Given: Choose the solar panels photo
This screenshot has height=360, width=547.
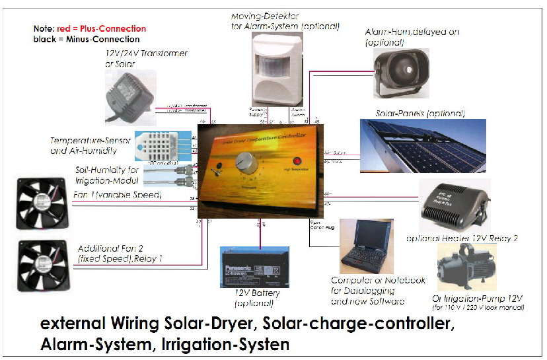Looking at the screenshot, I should [x=423, y=154].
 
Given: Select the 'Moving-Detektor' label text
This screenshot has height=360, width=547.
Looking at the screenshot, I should [x=265, y=15].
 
